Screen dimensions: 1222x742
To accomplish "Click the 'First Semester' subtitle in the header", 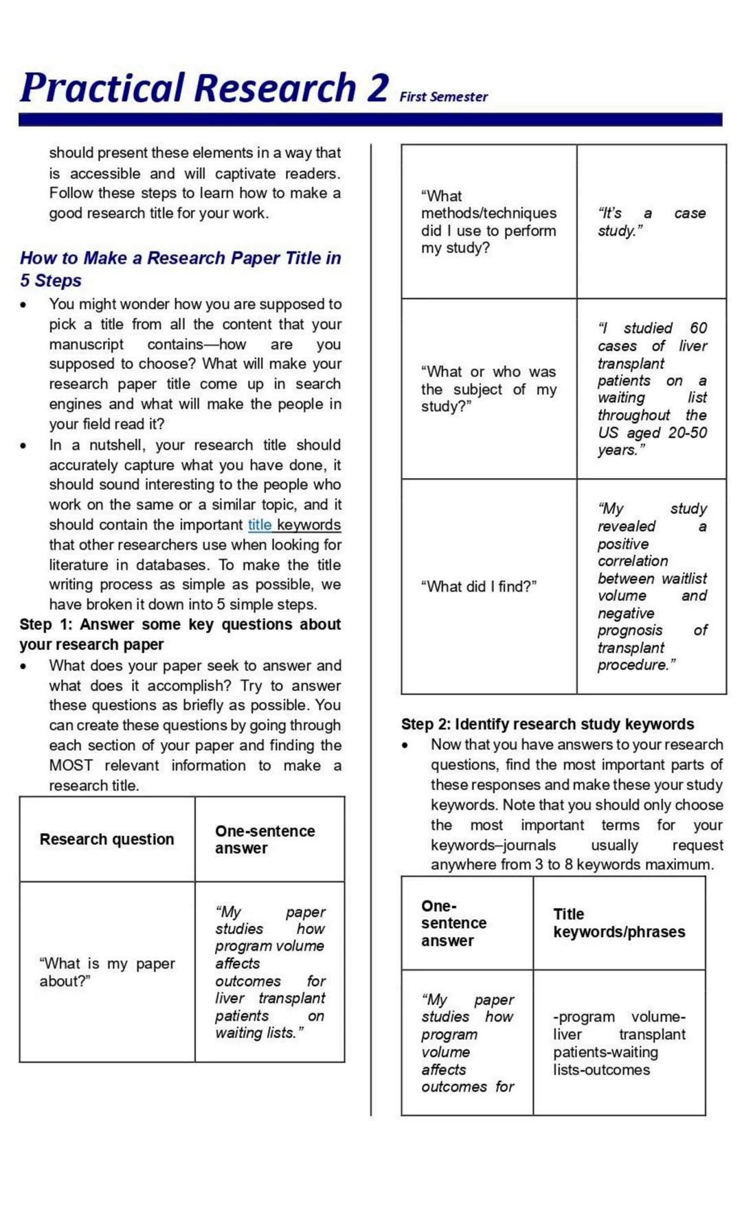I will pos(443,97).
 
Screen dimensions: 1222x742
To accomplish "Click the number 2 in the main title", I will pos(377,88).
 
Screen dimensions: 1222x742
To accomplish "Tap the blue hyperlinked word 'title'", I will pos(260,525).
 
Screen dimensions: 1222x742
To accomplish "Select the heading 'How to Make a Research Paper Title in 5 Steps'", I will pos(180,269).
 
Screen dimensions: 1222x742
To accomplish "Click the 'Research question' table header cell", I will pos(107,839).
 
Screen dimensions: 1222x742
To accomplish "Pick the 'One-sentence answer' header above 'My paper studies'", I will pos(265,839).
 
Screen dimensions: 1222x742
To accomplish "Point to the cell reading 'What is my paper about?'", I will pos(107,972).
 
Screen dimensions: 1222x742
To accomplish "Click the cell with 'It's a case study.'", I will pos(651,222).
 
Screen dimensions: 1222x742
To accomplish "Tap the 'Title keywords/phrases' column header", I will pos(618,923).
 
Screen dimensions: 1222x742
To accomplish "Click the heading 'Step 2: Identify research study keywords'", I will pos(548,724).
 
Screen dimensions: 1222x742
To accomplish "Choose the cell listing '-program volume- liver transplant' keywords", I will pos(618,1043).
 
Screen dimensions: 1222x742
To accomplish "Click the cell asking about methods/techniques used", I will pos(488,222).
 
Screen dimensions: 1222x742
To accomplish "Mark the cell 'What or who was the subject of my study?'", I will pos(488,389).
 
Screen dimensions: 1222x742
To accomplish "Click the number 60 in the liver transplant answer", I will pos(698,328).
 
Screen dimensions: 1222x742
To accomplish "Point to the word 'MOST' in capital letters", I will pos(71,765).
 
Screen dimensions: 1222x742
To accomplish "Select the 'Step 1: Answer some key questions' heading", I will pos(180,634).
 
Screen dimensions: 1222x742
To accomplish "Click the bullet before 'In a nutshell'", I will pos(24,446).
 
